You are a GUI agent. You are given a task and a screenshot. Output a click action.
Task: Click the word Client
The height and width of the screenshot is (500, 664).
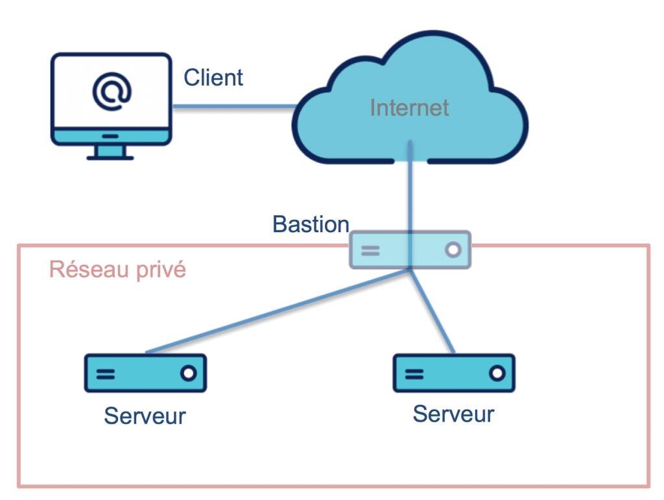coord(213,77)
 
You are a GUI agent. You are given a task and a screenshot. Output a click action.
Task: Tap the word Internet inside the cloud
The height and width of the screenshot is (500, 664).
coord(409,108)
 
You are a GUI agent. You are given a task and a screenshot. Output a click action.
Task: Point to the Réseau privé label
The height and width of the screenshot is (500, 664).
coord(117,269)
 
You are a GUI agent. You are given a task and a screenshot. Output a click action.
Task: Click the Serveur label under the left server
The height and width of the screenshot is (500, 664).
coord(145,416)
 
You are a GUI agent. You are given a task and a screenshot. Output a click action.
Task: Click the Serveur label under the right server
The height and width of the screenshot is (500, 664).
coord(453,414)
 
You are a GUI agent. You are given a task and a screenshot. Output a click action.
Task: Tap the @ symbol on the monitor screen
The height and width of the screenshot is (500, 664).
coord(112,91)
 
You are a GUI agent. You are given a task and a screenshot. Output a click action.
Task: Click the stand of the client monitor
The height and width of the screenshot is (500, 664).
coord(110,152)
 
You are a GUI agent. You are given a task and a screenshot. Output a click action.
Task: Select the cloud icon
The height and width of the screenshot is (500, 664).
coord(410,97)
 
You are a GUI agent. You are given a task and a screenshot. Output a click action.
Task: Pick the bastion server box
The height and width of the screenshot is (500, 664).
coord(410,250)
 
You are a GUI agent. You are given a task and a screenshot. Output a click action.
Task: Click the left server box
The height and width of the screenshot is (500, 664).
coord(145,373)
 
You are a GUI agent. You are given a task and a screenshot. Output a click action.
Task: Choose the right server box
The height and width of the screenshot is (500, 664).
coord(454,373)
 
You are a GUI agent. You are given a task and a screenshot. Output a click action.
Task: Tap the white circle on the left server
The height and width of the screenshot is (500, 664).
coord(189,373)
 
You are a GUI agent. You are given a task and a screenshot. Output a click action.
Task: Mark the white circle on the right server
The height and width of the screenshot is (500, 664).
coord(497,373)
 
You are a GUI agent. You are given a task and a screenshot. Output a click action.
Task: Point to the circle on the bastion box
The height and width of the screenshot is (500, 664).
coord(453,250)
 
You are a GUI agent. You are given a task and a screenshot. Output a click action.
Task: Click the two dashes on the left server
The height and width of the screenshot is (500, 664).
coord(106,374)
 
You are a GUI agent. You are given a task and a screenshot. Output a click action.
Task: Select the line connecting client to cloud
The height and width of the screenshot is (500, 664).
coord(235,106)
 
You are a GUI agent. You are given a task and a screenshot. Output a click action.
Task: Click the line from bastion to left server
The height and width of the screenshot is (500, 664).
coord(278,311)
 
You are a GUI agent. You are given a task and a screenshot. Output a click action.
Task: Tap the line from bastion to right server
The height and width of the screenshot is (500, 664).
coord(432,311)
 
